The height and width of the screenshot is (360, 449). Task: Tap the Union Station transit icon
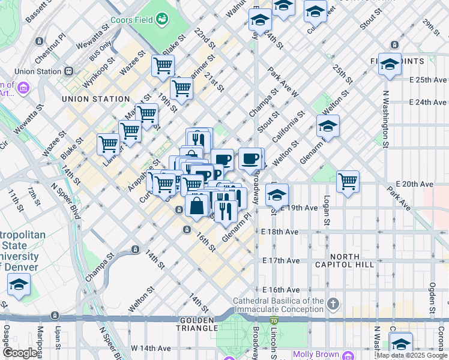coord(68,71)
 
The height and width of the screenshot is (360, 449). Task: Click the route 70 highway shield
coord(274,322)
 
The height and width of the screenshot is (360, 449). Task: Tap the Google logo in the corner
coord(20,353)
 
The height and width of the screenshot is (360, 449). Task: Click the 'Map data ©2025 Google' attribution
coord(412,356)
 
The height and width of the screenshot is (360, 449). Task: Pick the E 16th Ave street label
coord(281,290)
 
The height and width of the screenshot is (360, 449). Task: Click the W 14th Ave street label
coord(152,348)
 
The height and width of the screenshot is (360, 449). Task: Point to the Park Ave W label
coord(284,83)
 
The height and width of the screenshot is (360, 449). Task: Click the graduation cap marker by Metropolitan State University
coord(19,284)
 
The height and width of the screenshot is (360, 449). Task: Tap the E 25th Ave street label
coord(429,80)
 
